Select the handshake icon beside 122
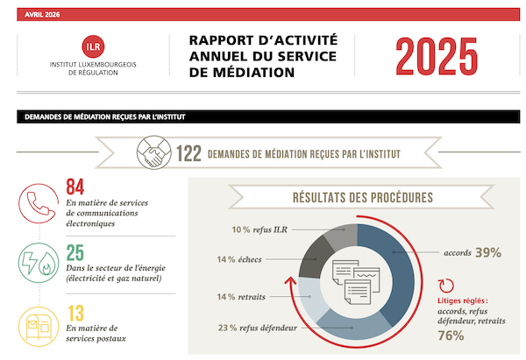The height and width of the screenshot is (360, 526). [x=154, y=155]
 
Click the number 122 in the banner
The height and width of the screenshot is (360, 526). [x=188, y=155]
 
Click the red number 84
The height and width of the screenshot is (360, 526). [x=76, y=187]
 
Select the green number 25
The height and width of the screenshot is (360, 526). [x=75, y=252]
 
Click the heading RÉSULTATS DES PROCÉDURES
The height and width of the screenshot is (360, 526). [x=361, y=197]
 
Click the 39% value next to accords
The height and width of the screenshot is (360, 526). [x=488, y=252]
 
